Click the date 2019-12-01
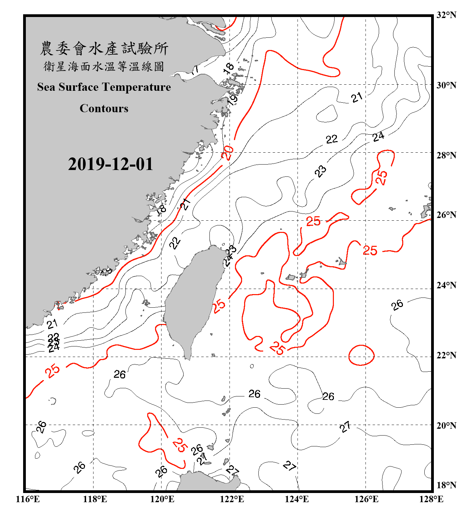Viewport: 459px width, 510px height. (x=111, y=164)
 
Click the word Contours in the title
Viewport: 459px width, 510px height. (x=104, y=108)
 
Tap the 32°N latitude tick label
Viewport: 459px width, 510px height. (x=446, y=15)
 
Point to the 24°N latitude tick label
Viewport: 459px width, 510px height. (x=446, y=285)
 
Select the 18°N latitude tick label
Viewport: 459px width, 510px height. (x=446, y=485)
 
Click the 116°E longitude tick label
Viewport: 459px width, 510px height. (x=28, y=499)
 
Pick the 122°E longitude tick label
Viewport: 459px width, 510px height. (x=232, y=499)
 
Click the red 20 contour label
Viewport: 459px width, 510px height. (x=227, y=153)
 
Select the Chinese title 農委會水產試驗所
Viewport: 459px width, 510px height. (x=104, y=49)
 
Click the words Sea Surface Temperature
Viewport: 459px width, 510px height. (x=104, y=87)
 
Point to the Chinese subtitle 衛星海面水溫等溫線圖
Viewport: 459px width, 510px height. (x=104, y=66)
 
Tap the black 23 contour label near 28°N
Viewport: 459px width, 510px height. (x=320, y=171)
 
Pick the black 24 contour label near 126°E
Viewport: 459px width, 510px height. (x=378, y=137)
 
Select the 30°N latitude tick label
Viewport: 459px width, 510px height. (x=446, y=85)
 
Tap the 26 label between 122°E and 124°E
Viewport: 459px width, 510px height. (x=254, y=394)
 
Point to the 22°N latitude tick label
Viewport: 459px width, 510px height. (x=446, y=355)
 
